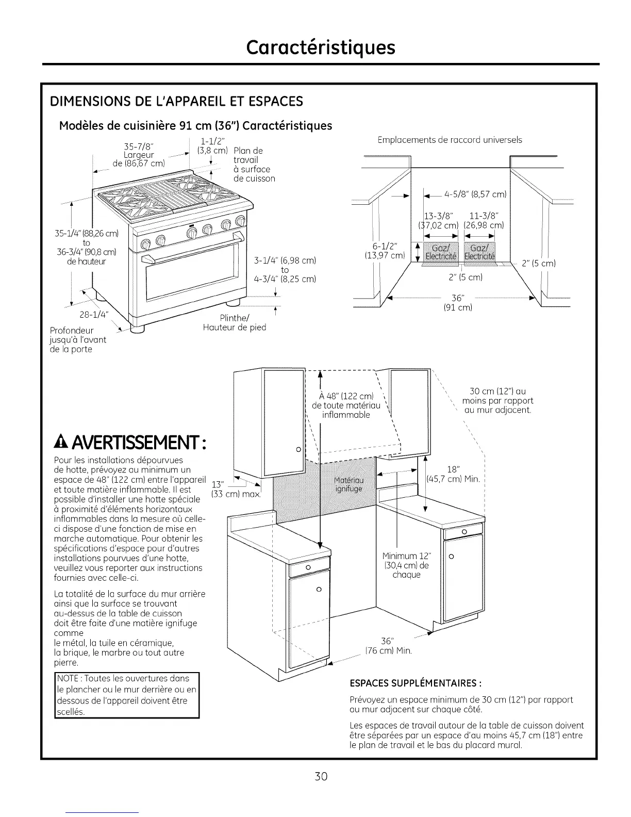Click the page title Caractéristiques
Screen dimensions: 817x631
[321, 47]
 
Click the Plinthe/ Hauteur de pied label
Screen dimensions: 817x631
[234, 323]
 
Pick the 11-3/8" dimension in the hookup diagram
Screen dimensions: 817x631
[483, 216]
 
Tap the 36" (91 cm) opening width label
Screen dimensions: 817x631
[457, 303]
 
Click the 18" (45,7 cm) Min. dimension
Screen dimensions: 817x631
[454, 474]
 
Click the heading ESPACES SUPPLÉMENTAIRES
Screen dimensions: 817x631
[416, 684]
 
